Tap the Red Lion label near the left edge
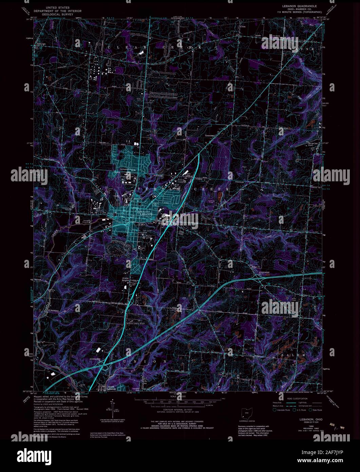41,44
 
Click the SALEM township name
293,355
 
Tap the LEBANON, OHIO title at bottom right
311,419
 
